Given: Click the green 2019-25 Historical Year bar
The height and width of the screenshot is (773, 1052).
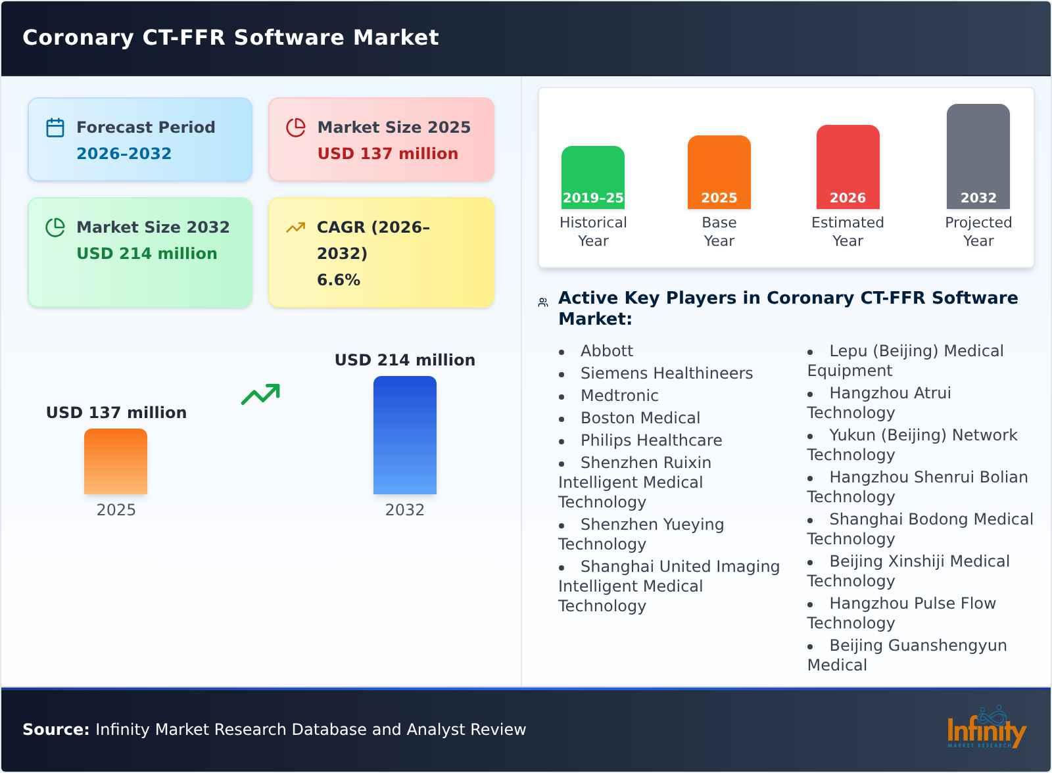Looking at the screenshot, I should tap(592, 177).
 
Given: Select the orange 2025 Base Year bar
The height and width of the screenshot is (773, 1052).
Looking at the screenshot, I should tap(719, 172).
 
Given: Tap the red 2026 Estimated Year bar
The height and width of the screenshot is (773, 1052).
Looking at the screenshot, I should tap(848, 166).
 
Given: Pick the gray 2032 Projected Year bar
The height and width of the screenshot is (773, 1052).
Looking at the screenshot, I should tap(978, 156).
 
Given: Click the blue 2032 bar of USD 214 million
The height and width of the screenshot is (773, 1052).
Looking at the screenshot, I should tap(404, 434).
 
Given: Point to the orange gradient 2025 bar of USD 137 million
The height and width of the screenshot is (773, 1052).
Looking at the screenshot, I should tap(116, 461).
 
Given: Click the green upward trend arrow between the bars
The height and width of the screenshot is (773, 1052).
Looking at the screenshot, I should tap(260, 394).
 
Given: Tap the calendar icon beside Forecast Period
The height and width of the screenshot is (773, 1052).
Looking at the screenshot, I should tap(55, 128).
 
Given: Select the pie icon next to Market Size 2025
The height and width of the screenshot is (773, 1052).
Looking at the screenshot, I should tap(296, 128).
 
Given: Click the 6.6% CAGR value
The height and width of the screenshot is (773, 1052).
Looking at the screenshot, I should tap(338, 280).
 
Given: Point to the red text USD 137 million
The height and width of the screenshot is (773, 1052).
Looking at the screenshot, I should tap(387, 154).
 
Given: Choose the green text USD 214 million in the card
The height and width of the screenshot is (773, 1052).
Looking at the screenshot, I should tap(147, 254).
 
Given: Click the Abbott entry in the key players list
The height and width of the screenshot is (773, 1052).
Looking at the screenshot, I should tap(606, 351).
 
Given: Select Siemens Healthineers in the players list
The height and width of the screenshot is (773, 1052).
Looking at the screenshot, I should tap(666, 373).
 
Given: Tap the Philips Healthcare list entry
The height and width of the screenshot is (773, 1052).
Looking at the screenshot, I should tap(651, 440).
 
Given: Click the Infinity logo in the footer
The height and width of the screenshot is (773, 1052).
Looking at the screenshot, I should tap(986, 729).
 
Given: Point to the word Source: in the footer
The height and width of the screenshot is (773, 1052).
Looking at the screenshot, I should tap(56, 730).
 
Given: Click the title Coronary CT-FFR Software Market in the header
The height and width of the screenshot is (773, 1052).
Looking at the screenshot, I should tap(231, 37).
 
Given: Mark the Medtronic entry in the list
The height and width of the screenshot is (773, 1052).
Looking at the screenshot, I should tap(619, 396).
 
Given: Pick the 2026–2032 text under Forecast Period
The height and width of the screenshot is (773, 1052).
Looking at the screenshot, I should tap(124, 154).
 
